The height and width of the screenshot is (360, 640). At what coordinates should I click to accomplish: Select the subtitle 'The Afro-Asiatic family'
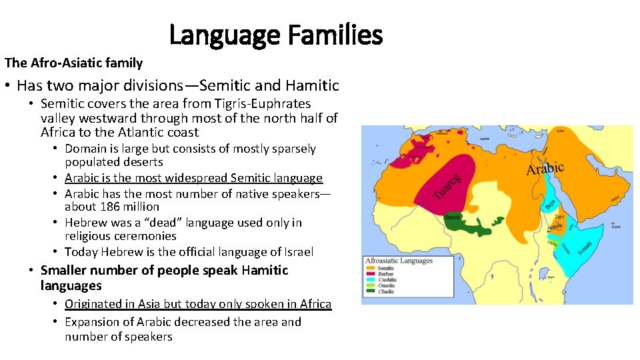73,63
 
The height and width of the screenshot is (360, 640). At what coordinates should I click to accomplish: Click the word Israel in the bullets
297,252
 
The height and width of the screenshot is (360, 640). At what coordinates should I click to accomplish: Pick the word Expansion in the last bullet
94,322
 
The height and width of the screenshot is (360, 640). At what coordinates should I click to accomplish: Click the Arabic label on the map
545,169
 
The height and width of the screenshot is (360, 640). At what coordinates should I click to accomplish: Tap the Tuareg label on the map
447,187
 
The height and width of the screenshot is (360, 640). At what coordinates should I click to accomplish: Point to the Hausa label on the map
451,217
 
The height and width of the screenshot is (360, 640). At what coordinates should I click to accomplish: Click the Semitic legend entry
386,269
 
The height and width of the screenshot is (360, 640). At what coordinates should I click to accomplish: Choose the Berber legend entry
385,274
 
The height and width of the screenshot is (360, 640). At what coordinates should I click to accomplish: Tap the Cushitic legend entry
387,280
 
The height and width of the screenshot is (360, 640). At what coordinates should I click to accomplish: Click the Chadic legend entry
386,291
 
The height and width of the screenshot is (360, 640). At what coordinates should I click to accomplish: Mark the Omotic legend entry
387,286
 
